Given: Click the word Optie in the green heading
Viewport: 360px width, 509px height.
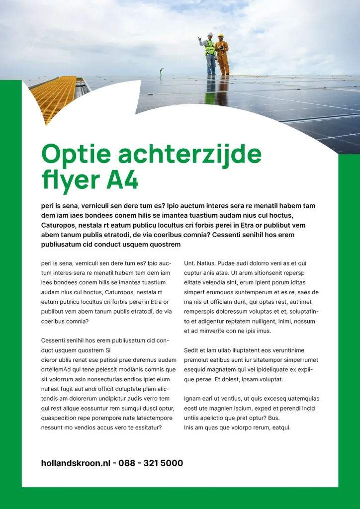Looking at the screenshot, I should pos(75,155).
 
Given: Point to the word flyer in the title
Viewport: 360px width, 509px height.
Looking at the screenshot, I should pos(70,181).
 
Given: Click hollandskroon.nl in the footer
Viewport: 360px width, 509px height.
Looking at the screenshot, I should pos(76,463).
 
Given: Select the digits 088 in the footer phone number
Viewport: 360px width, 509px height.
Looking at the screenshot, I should pos(127,463).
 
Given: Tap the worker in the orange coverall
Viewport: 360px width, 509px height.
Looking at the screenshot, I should pos(222,55).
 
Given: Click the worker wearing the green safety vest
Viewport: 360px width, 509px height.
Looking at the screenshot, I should pos(210,54).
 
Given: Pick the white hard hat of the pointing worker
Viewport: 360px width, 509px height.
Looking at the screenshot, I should pos(210,34).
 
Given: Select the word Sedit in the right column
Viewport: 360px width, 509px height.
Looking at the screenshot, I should pos(192,350).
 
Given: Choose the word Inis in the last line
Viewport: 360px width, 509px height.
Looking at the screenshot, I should pos(189,427).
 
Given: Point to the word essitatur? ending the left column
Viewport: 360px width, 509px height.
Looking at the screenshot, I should pos(145,427).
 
